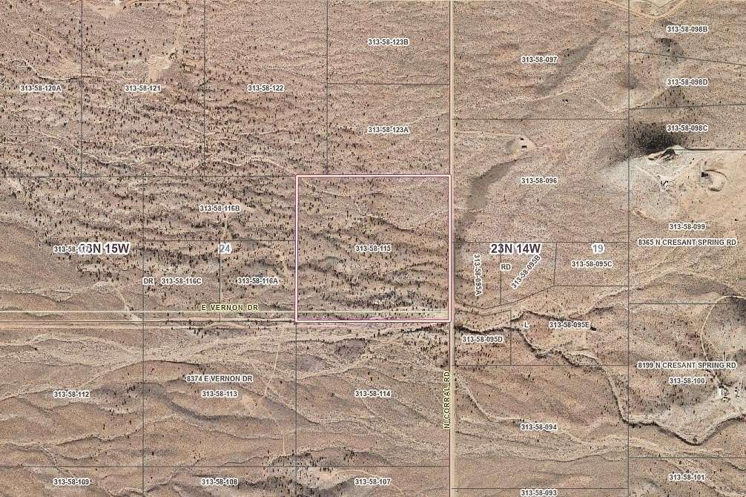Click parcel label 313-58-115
point(372,249)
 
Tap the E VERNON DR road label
point(229,306)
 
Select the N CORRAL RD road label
point(447,400)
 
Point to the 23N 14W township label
point(515,248)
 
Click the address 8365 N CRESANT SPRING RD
point(686,242)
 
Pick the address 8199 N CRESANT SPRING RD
point(686,366)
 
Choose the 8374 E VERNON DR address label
point(219,379)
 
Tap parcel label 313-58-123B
point(388,42)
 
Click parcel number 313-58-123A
point(388,130)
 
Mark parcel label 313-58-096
point(539,180)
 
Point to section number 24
point(225,249)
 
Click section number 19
point(598,247)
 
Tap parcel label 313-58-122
point(265,88)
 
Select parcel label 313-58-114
point(372,393)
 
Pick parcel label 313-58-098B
point(687,29)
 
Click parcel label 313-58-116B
point(219,208)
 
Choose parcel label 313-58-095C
point(591,263)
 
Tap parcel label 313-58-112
point(71,394)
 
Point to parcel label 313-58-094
point(538,427)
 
